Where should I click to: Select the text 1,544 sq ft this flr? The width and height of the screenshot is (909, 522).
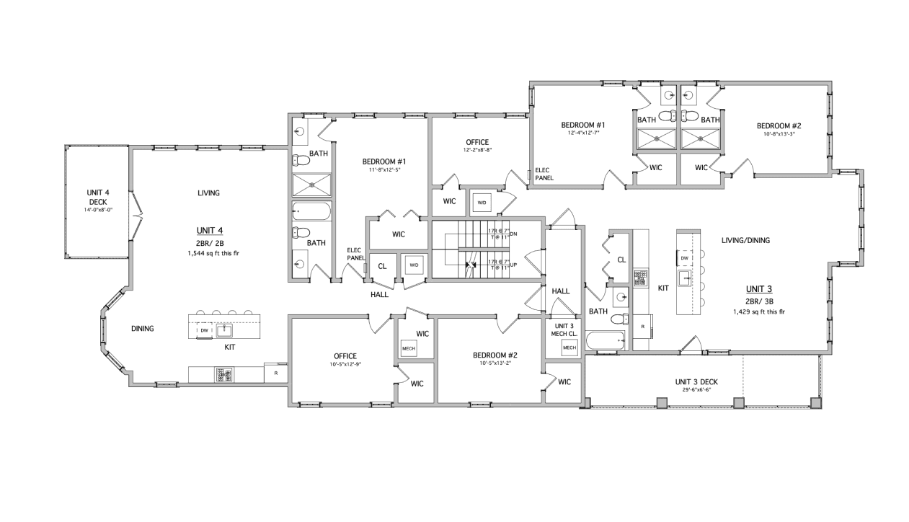tap(210, 254)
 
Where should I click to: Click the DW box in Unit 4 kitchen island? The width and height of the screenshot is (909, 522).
tap(205, 331)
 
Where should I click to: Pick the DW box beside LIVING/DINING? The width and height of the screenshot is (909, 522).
tap(685, 257)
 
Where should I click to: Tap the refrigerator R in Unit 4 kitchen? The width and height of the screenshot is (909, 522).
tap(275, 373)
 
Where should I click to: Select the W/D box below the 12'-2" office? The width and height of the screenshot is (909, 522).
tap(481, 203)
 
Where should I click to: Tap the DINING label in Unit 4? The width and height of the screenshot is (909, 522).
tap(142, 329)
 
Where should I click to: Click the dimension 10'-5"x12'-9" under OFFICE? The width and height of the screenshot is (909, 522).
tap(345, 365)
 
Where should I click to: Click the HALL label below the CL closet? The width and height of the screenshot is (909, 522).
tap(380, 295)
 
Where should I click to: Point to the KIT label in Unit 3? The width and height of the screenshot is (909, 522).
tap(663, 288)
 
